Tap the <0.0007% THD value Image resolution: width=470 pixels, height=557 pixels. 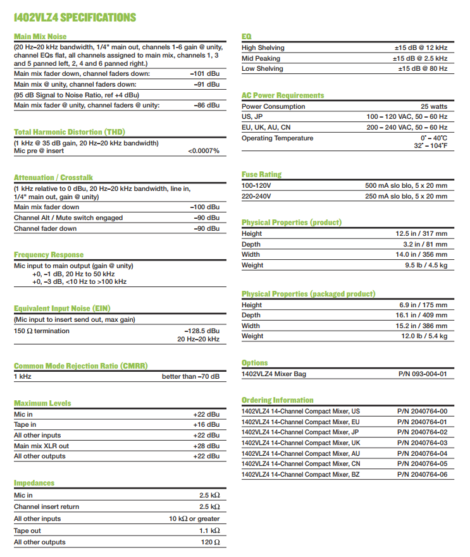click(x=203, y=151)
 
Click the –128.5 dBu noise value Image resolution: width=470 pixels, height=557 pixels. click(x=202, y=330)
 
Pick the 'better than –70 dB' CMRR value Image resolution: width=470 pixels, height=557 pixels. click(x=190, y=376)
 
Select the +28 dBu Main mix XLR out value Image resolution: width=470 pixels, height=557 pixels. click(x=206, y=446)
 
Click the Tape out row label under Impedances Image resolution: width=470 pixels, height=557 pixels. click(x=27, y=531)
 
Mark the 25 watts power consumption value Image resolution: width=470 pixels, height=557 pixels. click(x=434, y=106)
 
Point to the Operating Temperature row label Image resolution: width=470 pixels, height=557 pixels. click(x=277, y=138)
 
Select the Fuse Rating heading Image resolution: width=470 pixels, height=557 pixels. click(x=261, y=174)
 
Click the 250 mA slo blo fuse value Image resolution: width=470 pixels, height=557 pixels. click(x=406, y=196)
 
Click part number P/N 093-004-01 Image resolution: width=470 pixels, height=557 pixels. click(x=423, y=374)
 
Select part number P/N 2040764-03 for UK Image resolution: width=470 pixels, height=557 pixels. click(x=423, y=443)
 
